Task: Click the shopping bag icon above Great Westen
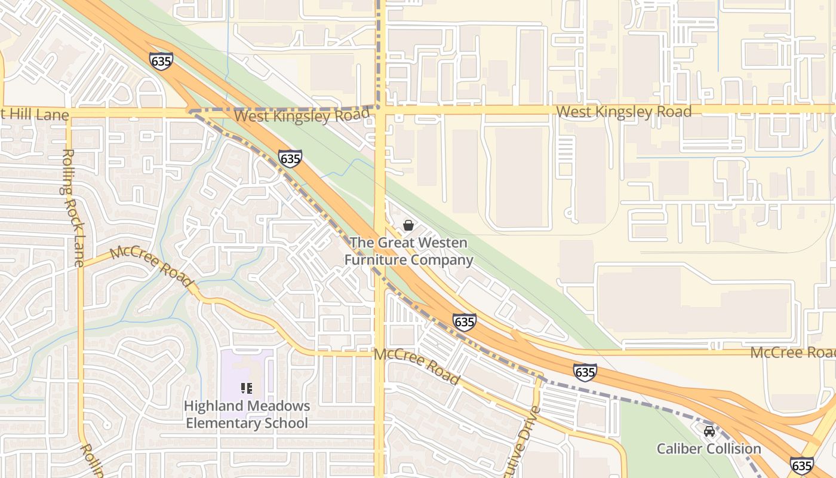408,225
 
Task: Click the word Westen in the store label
442,243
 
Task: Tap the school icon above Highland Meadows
246,388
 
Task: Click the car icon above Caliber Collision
709,431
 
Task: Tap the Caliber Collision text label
709,449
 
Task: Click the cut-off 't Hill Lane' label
35,114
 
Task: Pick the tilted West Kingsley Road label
302,115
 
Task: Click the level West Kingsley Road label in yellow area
623,112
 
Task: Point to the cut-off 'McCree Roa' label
792,353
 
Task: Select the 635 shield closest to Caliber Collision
801,465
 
